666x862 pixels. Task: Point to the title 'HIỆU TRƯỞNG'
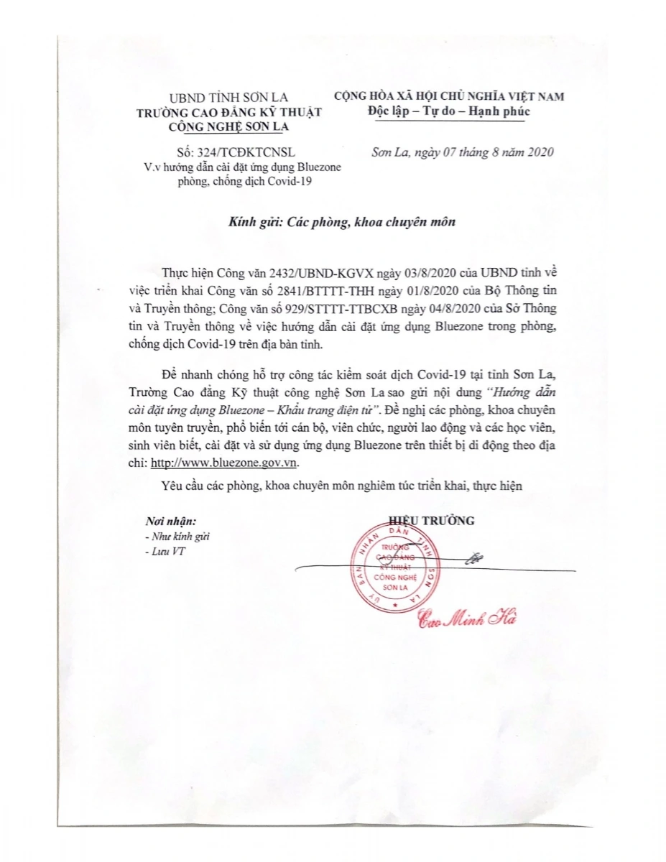click(431, 521)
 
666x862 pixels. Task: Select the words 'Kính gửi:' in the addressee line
click(252, 221)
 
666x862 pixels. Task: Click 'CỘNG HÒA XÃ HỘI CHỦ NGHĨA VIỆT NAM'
click(449, 96)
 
